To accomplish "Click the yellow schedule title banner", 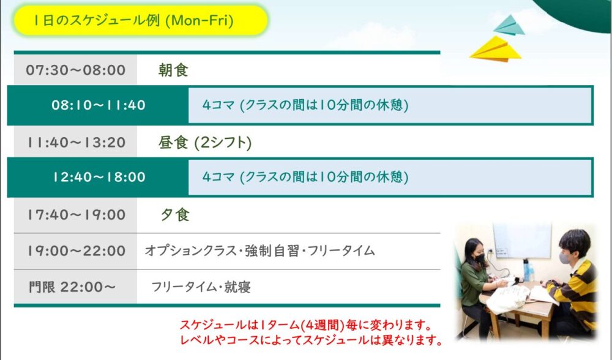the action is click(x=141, y=20).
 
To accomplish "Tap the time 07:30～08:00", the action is click(x=76, y=70).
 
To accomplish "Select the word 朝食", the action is click(x=173, y=70).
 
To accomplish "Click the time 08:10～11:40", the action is click(x=99, y=105).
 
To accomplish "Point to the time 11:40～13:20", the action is click(x=76, y=143).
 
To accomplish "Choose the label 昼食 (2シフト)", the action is click(x=205, y=143).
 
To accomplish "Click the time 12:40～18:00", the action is click(x=99, y=177).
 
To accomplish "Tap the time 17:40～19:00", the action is click(x=76, y=215).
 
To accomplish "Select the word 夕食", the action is click(x=175, y=215).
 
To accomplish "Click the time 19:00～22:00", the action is click(x=76, y=250).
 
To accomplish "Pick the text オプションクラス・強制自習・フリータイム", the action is click(x=259, y=250).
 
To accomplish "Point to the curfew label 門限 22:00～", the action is click(x=72, y=287).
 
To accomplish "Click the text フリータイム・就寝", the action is click(x=201, y=287).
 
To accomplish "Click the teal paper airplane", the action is click(x=509, y=26).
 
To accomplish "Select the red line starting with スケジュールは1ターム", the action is click(x=305, y=324).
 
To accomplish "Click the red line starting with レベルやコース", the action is click(x=311, y=340).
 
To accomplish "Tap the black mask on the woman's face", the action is click(x=480, y=258).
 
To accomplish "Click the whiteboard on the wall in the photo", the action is click(x=522, y=241).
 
